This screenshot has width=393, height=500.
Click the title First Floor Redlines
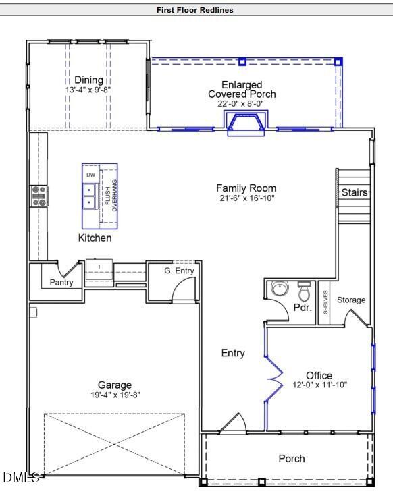(x=195, y=10)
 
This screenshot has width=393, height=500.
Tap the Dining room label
(x=89, y=80)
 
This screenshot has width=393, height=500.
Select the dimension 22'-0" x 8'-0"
(x=241, y=104)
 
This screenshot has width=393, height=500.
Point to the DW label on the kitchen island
(x=90, y=175)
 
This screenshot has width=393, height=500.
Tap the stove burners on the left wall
(x=38, y=196)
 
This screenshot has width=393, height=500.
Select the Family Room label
(x=246, y=188)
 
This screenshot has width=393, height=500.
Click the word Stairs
(x=355, y=193)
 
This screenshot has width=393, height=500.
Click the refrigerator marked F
(x=99, y=269)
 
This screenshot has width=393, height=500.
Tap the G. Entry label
(x=179, y=271)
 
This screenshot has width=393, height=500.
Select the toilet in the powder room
(x=303, y=291)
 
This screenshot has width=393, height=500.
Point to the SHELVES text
(x=325, y=302)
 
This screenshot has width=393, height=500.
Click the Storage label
(x=351, y=300)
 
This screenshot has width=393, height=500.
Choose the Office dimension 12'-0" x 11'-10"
(x=319, y=385)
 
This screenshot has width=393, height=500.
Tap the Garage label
(x=114, y=385)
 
